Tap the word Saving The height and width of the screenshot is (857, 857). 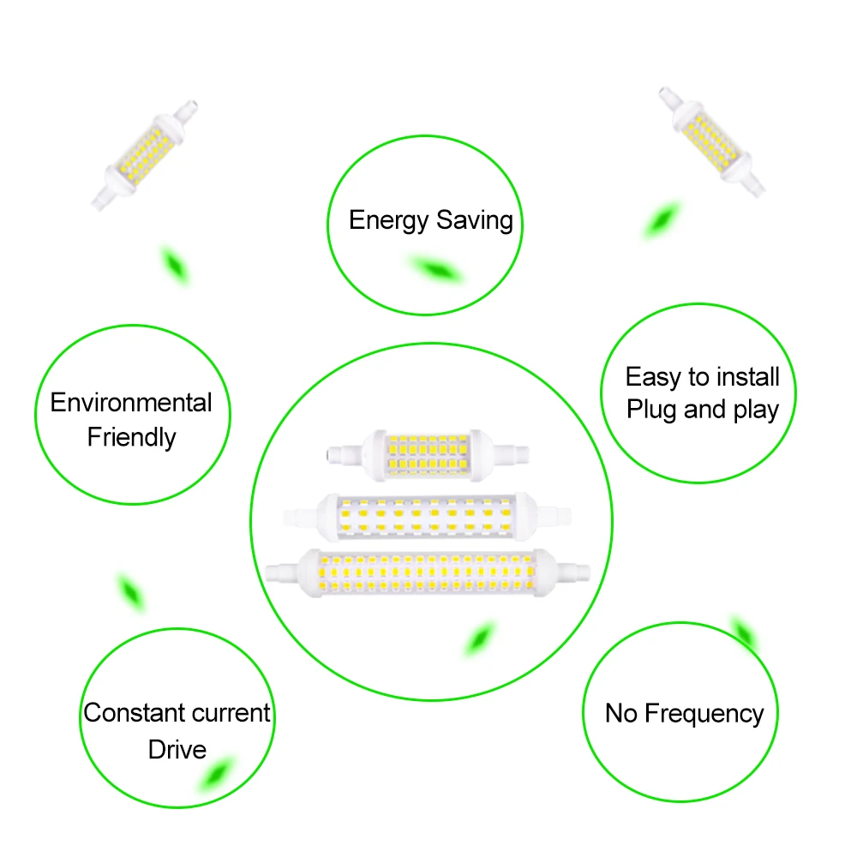(x=474, y=221)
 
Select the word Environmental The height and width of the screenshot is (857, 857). (x=131, y=402)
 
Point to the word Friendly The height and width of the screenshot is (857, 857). (x=131, y=437)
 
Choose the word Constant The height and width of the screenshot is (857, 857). (x=133, y=712)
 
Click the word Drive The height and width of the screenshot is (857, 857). (x=177, y=749)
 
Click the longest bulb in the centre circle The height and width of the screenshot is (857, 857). (x=430, y=572)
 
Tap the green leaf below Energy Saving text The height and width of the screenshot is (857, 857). (x=435, y=269)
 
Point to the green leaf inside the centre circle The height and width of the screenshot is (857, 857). (x=480, y=639)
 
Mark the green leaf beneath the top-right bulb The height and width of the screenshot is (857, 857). (x=661, y=220)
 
